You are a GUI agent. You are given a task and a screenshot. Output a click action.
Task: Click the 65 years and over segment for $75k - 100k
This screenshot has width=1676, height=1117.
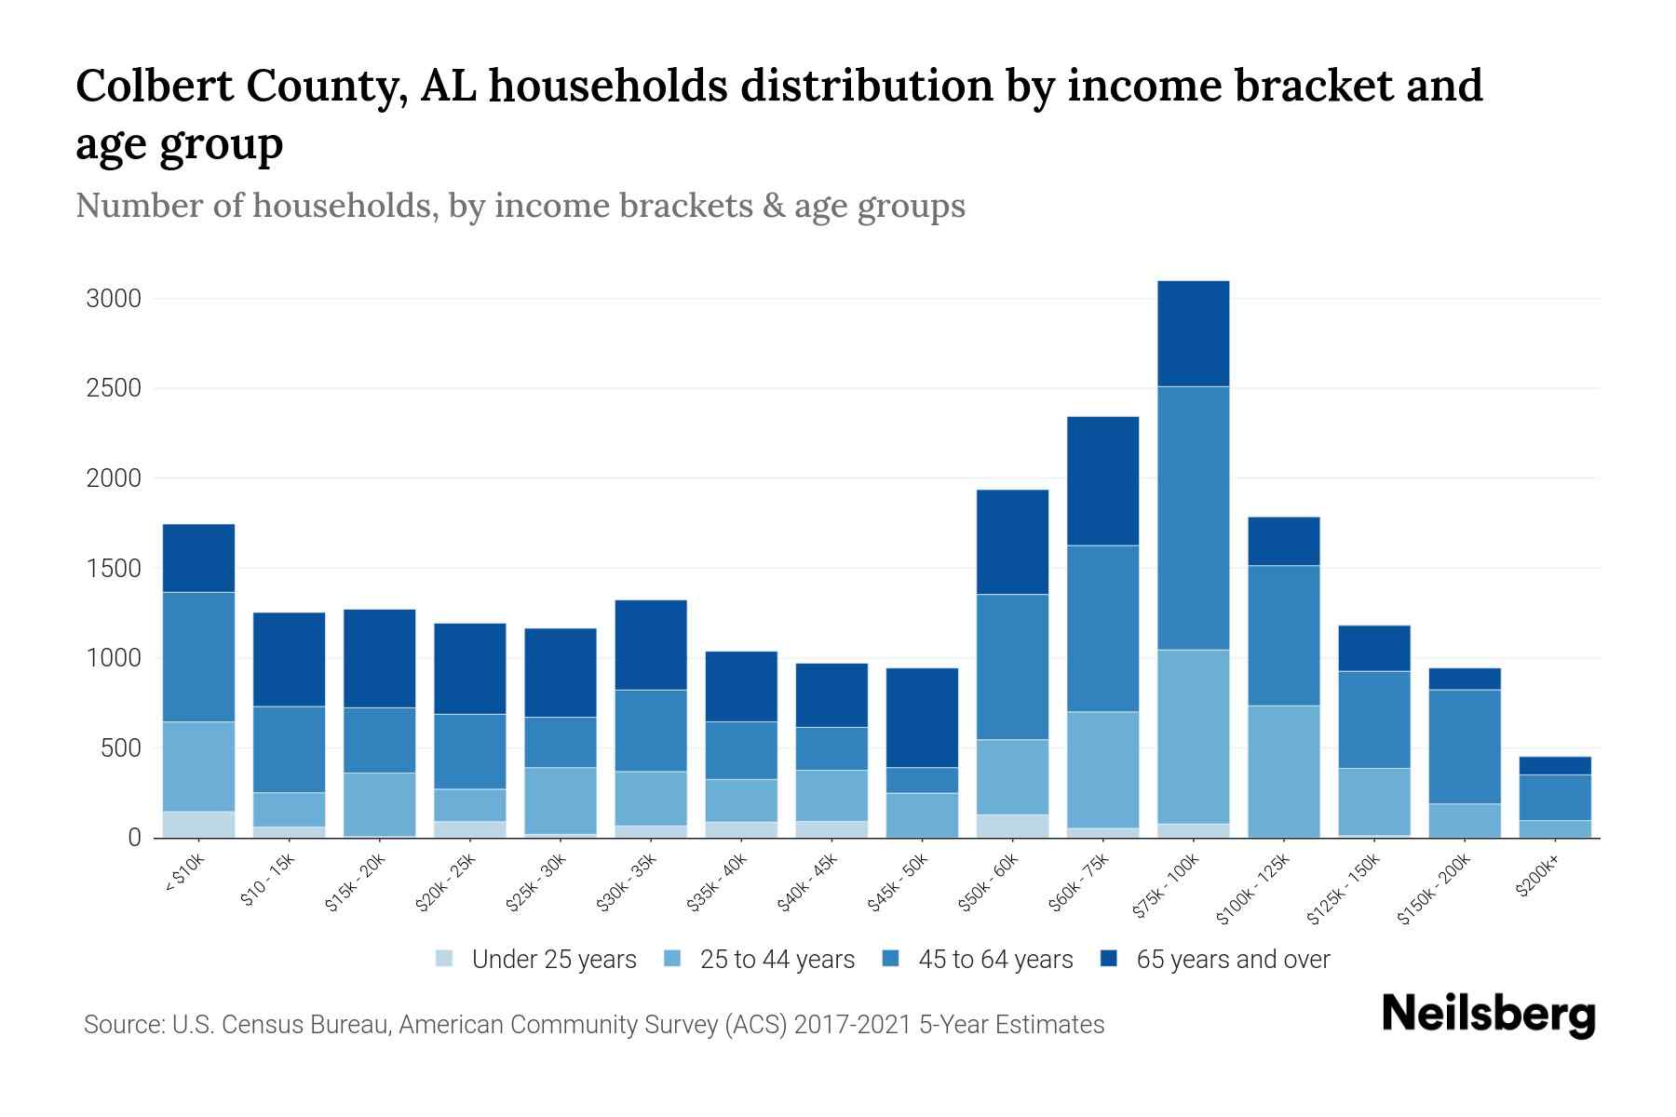(1193, 333)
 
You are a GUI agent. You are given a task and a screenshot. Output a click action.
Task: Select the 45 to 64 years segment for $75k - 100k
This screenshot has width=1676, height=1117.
(1193, 518)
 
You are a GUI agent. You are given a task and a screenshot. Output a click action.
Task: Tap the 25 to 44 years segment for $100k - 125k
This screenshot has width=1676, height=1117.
(1283, 771)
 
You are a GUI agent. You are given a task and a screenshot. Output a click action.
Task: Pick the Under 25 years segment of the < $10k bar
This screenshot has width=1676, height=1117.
(198, 825)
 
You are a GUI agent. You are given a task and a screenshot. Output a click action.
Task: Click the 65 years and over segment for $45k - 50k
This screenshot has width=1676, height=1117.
(922, 718)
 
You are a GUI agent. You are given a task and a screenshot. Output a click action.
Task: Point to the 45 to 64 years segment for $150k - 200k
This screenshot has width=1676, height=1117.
(1464, 747)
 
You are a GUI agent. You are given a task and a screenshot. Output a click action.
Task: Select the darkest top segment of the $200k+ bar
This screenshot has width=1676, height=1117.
(1554, 765)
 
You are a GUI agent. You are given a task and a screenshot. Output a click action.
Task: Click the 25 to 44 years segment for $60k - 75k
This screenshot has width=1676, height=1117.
(1102, 770)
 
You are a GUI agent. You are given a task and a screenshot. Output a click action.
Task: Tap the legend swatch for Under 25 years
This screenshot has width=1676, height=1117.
(445, 959)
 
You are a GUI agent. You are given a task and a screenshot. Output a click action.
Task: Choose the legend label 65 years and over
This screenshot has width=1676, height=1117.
(1233, 959)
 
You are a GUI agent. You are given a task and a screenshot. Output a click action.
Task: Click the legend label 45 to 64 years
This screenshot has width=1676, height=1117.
(995, 959)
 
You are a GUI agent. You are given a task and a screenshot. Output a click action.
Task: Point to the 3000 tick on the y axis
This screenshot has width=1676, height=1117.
(114, 299)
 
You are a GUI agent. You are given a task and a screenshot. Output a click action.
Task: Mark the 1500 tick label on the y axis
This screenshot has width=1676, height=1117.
(114, 569)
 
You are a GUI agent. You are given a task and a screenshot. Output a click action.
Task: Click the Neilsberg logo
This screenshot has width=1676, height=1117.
(1488, 1015)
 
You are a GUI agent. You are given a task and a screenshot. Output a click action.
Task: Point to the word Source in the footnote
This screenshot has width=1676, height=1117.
(122, 1025)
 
